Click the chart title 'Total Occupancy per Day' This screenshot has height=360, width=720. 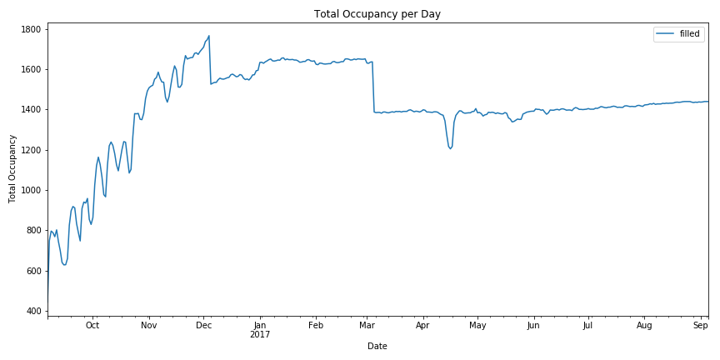point(377,14)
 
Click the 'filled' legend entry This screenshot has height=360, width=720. point(691,34)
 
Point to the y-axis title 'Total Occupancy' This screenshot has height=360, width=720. point(12,170)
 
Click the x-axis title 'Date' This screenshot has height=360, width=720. point(377,346)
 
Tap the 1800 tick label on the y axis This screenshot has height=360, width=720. point(31,29)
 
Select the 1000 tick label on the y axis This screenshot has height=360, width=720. point(31,190)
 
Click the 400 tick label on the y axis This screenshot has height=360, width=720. point(34,311)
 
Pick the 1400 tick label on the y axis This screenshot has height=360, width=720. point(31,110)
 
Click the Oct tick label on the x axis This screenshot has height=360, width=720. point(92,326)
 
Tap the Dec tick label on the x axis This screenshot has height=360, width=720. point(203,326)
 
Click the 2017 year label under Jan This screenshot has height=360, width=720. point(260,335)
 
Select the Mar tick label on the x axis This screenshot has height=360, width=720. point(367,326)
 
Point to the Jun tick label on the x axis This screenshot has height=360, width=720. point(533,326)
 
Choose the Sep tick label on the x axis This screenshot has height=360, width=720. point(702,326)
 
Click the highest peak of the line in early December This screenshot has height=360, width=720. point(209,36)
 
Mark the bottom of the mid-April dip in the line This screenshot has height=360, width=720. point(450,149)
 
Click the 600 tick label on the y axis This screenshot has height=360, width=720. point(34,271)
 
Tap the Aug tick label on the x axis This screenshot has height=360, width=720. point(645,326)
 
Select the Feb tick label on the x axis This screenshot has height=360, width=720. point(316,326)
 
